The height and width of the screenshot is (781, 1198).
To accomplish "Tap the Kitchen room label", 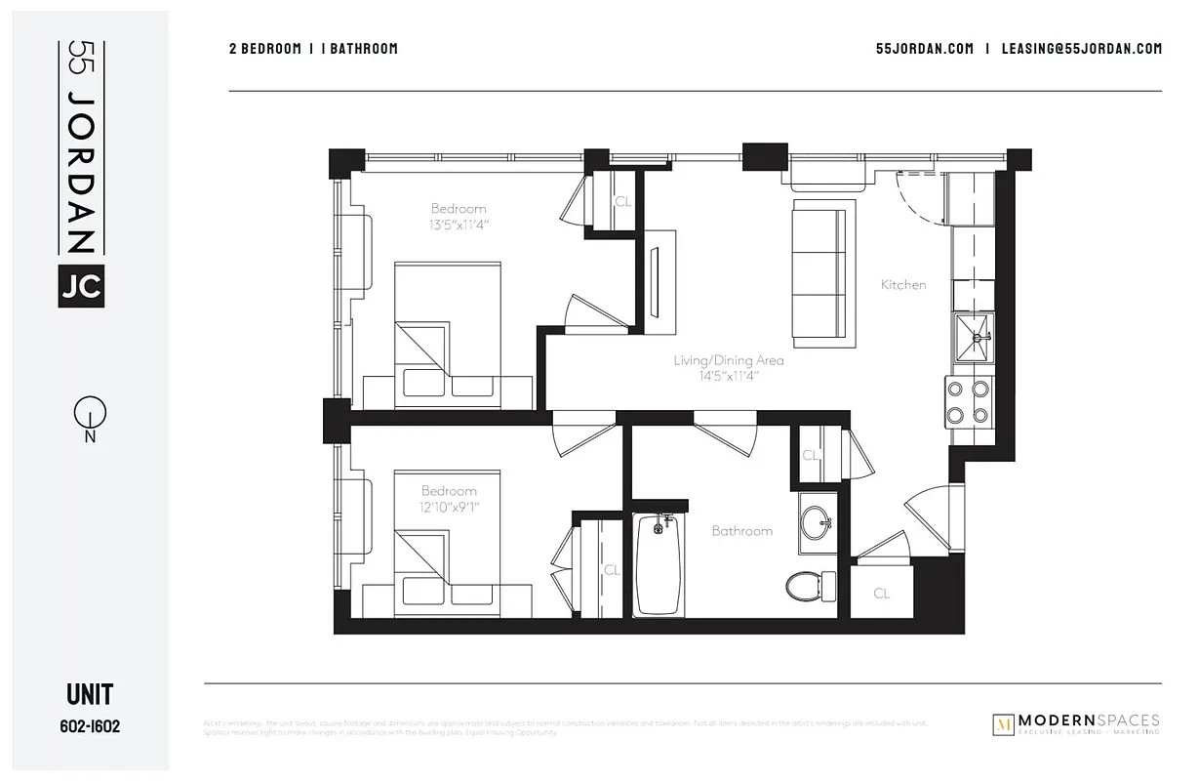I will pyautogui.click(x=903, y=285).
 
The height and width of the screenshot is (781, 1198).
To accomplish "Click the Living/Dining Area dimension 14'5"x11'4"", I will pyautogui.click(x=729, y=375).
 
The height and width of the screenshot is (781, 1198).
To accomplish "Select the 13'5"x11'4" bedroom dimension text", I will pyautogui.click(x=458, y=225).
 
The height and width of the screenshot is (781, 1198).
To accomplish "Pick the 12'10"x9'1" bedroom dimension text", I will pyautogui.click(x=450, y=508).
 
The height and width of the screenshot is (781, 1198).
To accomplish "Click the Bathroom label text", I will pyautogui.click(x=741, y=531).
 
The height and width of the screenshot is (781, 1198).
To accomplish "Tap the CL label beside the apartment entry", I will pyautogui.click(x=881, y=594).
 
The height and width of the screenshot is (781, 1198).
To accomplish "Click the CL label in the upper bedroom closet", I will pyautogui.click(x=622, y=202).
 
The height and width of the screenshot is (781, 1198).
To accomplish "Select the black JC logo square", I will pyautogui.click(x=82, y=286).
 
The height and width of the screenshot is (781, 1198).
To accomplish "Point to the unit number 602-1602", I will pyautogui.click(x=89, y=726).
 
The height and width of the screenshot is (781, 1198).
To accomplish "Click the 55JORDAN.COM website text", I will pyautogui.click(x=925, y=48).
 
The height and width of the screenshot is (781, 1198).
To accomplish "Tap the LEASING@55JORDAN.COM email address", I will pyautogui.click(x=1082, y=48).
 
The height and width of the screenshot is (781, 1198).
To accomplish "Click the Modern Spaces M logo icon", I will pyautogui.click(x=1003, y=724).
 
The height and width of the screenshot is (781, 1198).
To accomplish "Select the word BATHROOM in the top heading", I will pyautogui.click(x=365, y=48).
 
